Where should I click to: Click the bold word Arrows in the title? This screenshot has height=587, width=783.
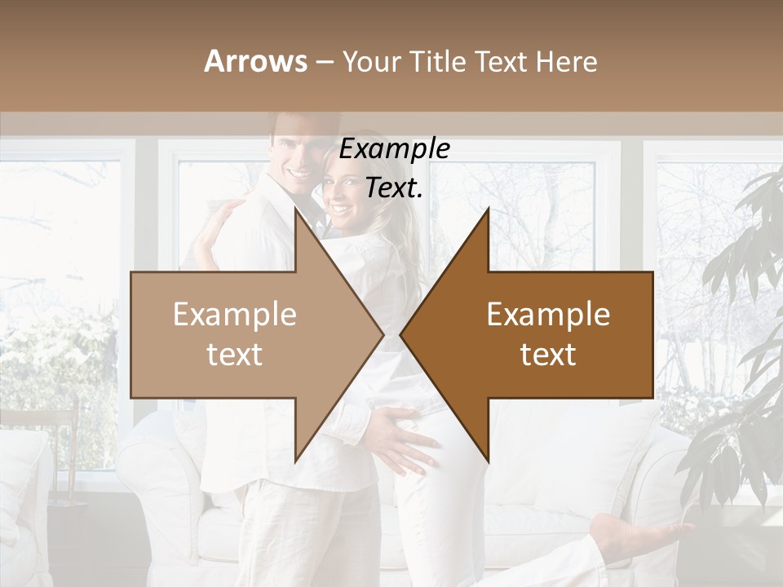click(256, 61)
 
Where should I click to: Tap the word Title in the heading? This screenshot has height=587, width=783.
click(435, 61)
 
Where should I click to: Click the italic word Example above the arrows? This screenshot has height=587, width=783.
click(395, 149)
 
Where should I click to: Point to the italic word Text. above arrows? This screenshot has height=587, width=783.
click(395, 188)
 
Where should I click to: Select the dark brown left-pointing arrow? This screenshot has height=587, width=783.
click(546, 334)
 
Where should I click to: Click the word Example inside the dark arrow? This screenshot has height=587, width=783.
click(548, 315)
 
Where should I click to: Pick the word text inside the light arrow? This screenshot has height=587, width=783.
click(234, 355)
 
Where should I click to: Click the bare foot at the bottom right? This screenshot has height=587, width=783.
click(628, 534)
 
